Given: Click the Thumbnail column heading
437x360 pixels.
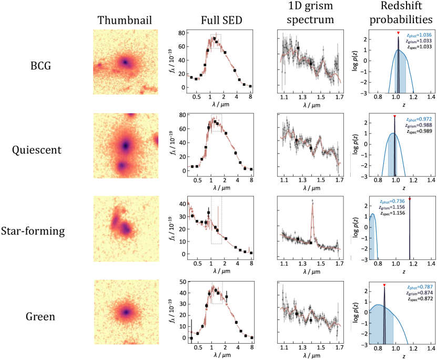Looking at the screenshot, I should point(125,21).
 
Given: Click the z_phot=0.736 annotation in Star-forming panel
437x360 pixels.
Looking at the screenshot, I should point(392,202).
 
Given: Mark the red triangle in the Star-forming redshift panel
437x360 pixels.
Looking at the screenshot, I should point(410,199).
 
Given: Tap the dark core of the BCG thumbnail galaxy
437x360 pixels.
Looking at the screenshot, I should point(125,62).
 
